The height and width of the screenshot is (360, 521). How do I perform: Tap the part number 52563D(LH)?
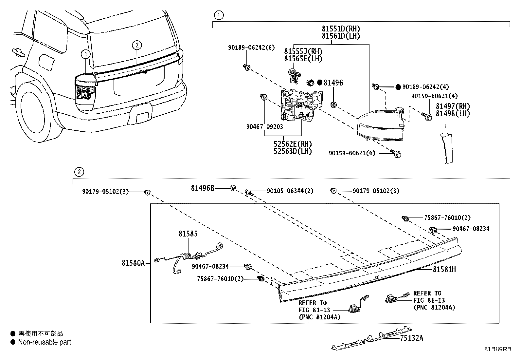(x=293, y=151)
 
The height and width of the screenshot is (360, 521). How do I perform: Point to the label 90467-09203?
(x=264, y=127)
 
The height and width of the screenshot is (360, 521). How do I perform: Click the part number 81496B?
(x=203, y=188)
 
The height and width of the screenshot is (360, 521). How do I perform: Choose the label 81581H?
(x=444, y=270)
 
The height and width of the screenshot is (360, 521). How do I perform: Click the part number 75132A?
(x=411, y=338)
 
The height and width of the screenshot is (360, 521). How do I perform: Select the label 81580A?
(x=133, y=263)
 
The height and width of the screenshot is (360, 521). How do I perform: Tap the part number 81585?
(x=188, y=234)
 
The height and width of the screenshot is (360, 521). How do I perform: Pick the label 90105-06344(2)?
(x=290, y=191)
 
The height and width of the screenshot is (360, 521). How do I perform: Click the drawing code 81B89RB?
(x=498, y=349)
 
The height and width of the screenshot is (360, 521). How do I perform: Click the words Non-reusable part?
(x=45, y=342)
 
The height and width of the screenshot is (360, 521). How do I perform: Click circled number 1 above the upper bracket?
(x=219, y=15)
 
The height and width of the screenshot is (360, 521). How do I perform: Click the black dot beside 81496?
(x=320, y=83)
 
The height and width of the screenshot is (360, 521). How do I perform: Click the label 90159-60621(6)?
(x=352, y=153)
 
